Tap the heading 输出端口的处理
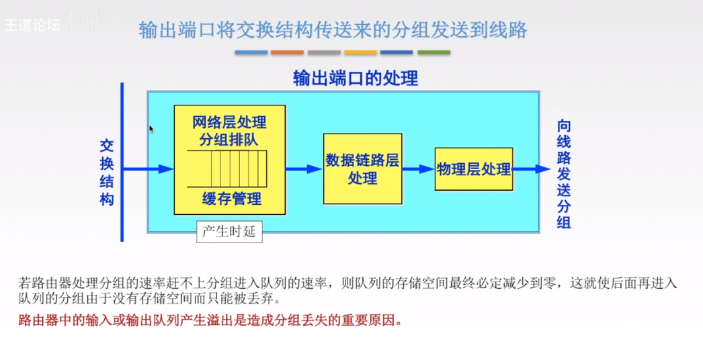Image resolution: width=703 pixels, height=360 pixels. [356, 79]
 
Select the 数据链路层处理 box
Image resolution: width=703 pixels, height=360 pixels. [362, 169]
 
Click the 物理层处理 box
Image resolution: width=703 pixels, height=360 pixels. [473, 169]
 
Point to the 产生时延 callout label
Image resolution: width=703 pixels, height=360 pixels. [229, 232]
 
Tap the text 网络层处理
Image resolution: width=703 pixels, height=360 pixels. [229, 122]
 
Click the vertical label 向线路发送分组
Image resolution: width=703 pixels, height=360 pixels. [564, 174]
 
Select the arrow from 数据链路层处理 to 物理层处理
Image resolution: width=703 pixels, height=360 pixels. [418, 169]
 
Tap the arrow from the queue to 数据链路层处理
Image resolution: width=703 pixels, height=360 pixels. [304, 169]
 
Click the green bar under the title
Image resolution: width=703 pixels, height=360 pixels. [433, 52]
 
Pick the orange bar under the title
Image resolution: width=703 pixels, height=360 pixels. [288, 52]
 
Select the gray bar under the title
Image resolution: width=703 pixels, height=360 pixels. [324, 52]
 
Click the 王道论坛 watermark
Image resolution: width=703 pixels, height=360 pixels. [32, 26]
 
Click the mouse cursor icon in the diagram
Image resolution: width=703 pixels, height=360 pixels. [151, 128]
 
